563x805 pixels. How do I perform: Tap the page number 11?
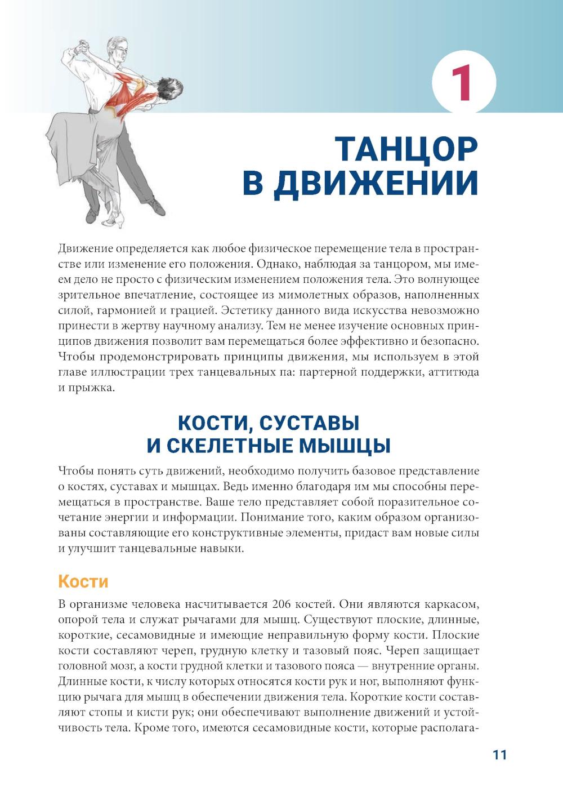click(499, 755)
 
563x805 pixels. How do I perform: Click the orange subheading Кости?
click(83, 581)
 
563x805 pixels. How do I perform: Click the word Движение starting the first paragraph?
click(85, 248)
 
